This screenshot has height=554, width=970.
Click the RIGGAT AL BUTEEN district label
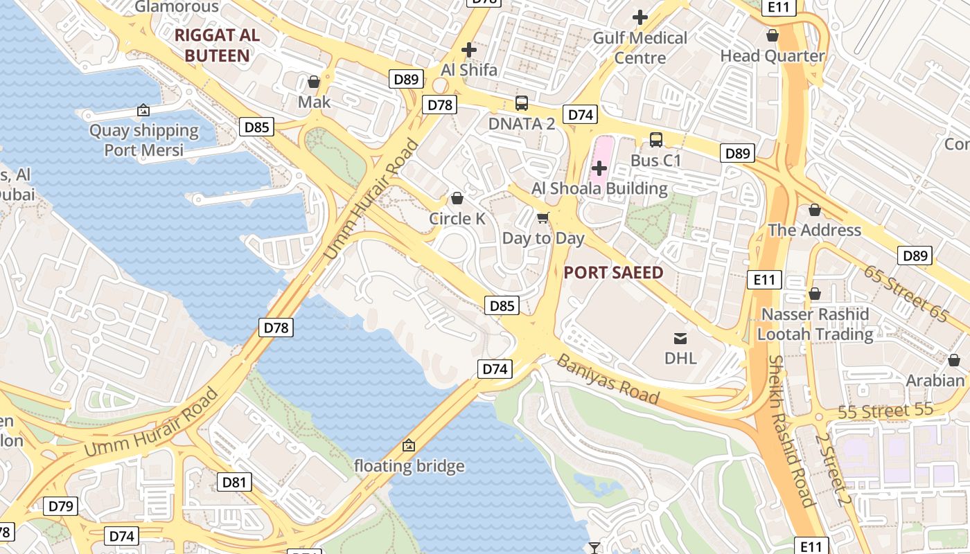point(217,46)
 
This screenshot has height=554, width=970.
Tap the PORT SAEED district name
point(613,272)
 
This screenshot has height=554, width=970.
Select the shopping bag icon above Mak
point(314,82)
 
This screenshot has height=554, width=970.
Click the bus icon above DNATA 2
point(522,103)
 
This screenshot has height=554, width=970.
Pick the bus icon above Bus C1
point(655,140)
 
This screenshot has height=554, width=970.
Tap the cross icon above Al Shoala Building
point(599,168)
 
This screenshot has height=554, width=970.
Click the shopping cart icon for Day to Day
point(543,218)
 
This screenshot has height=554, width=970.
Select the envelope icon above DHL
point(680,338)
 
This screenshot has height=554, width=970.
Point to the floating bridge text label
point(409,466)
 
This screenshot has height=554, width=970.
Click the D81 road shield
point(234,482)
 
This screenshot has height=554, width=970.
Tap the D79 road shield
point(61,506)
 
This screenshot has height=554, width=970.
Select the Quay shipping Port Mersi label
point(144,140)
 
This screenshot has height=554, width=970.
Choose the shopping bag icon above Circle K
point(457,199)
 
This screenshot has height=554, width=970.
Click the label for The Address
point(814,230)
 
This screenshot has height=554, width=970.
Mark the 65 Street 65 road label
point(906,293)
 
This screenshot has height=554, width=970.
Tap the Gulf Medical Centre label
point(640,47)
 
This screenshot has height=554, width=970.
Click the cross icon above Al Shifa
point(469,50)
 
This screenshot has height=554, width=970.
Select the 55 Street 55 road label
point(885,411)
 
